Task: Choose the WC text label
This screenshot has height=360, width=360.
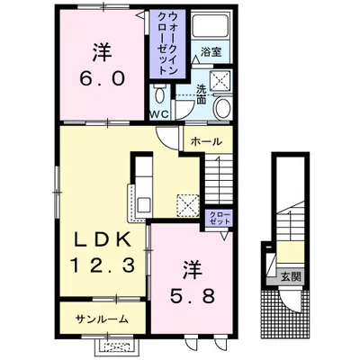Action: (159, 115)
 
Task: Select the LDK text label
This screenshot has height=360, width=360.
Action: (102, 239)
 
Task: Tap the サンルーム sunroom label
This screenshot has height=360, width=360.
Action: (101, 318)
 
